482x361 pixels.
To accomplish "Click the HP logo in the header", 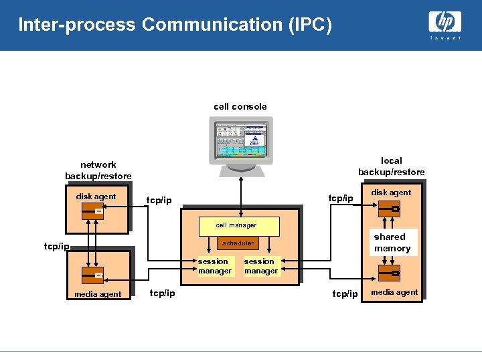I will [445, 22].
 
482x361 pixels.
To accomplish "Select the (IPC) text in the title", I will [309, 25].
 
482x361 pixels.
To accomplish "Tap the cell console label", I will [240, 106].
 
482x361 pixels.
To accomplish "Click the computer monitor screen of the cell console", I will [240, 140].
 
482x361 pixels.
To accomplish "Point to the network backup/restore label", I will [98, 170].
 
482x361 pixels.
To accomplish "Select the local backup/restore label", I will [391, 166].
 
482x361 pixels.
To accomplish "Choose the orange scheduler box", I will [238, 243].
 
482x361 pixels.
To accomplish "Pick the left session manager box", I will [214, 266].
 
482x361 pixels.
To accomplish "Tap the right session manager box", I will [260, 266].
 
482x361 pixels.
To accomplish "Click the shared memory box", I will [392, 243].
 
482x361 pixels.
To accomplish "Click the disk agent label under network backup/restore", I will [96, 197].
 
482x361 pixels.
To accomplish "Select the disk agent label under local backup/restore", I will [392, 193].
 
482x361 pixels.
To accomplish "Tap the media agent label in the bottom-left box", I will [98, 294].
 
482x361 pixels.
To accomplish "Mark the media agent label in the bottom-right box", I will [395, 292].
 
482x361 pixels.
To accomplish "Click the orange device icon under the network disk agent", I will [92, 212].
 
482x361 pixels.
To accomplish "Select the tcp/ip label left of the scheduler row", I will [56, 247].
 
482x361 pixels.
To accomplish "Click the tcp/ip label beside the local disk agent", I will [340, 199].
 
